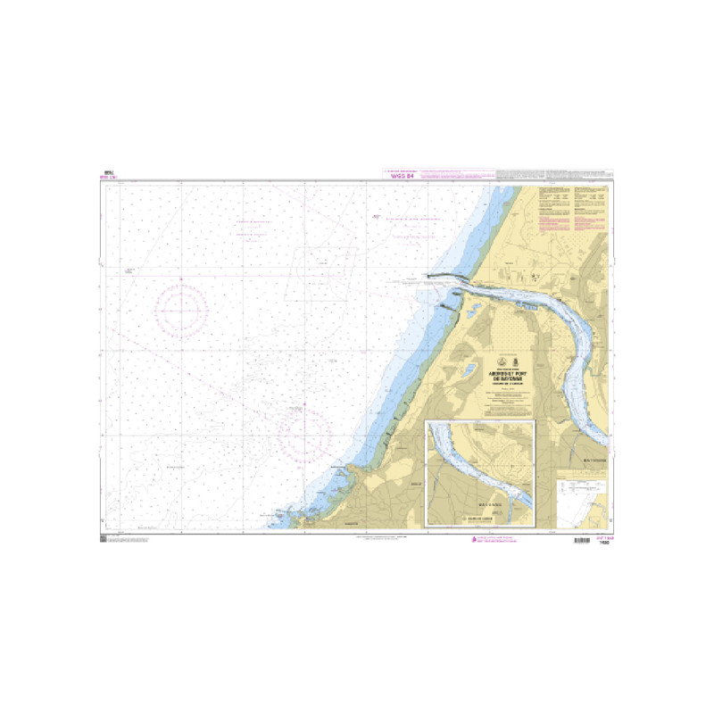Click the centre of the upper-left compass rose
click(181, 311)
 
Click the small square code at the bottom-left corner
click(104, 537)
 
